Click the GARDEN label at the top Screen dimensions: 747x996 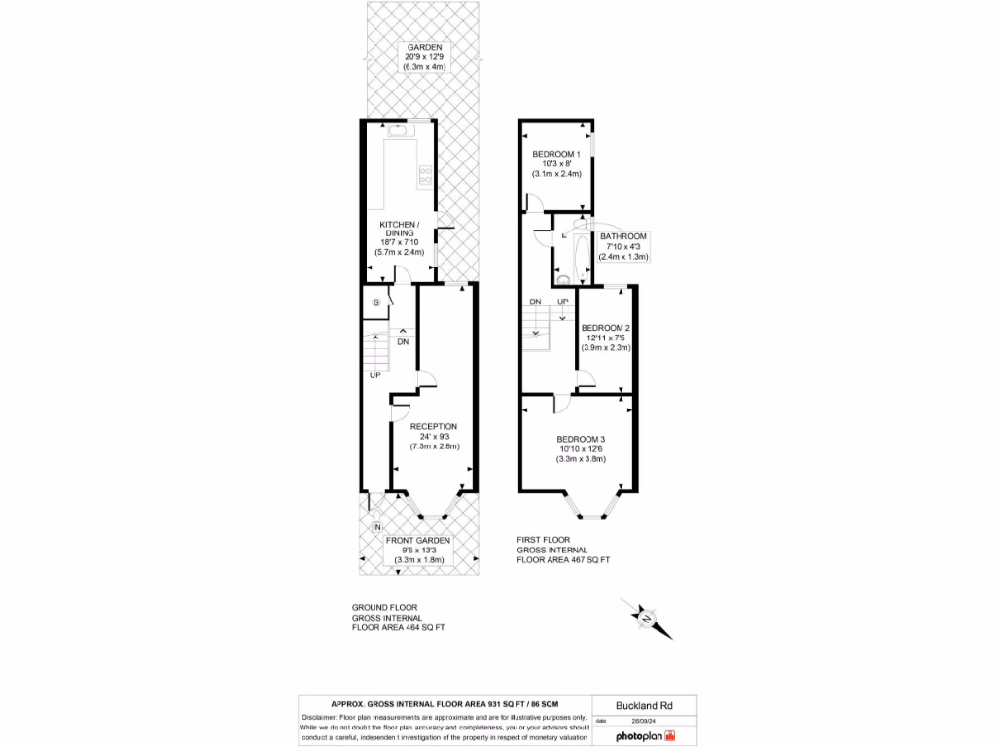[425, 47]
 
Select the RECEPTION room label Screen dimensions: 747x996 [434, 426]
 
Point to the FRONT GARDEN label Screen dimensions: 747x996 [418, 540]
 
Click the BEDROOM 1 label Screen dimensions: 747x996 [556, 154]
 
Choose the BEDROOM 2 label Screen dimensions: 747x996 [606, 328]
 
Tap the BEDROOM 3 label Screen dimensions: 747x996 [581, 439]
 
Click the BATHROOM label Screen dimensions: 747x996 [623, 236]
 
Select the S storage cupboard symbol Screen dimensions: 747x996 [375, 302]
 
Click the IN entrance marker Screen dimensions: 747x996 [376, 527]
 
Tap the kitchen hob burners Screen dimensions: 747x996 [425, 175]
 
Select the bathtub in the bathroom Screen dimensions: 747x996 [582, 252]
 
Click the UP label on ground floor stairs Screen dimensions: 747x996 [374, 374]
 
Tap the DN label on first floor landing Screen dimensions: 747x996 [535, 302]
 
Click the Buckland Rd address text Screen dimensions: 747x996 [643, 705]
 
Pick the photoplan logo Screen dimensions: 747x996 [643, 736]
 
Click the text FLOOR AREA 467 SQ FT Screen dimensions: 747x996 [564, 560]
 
